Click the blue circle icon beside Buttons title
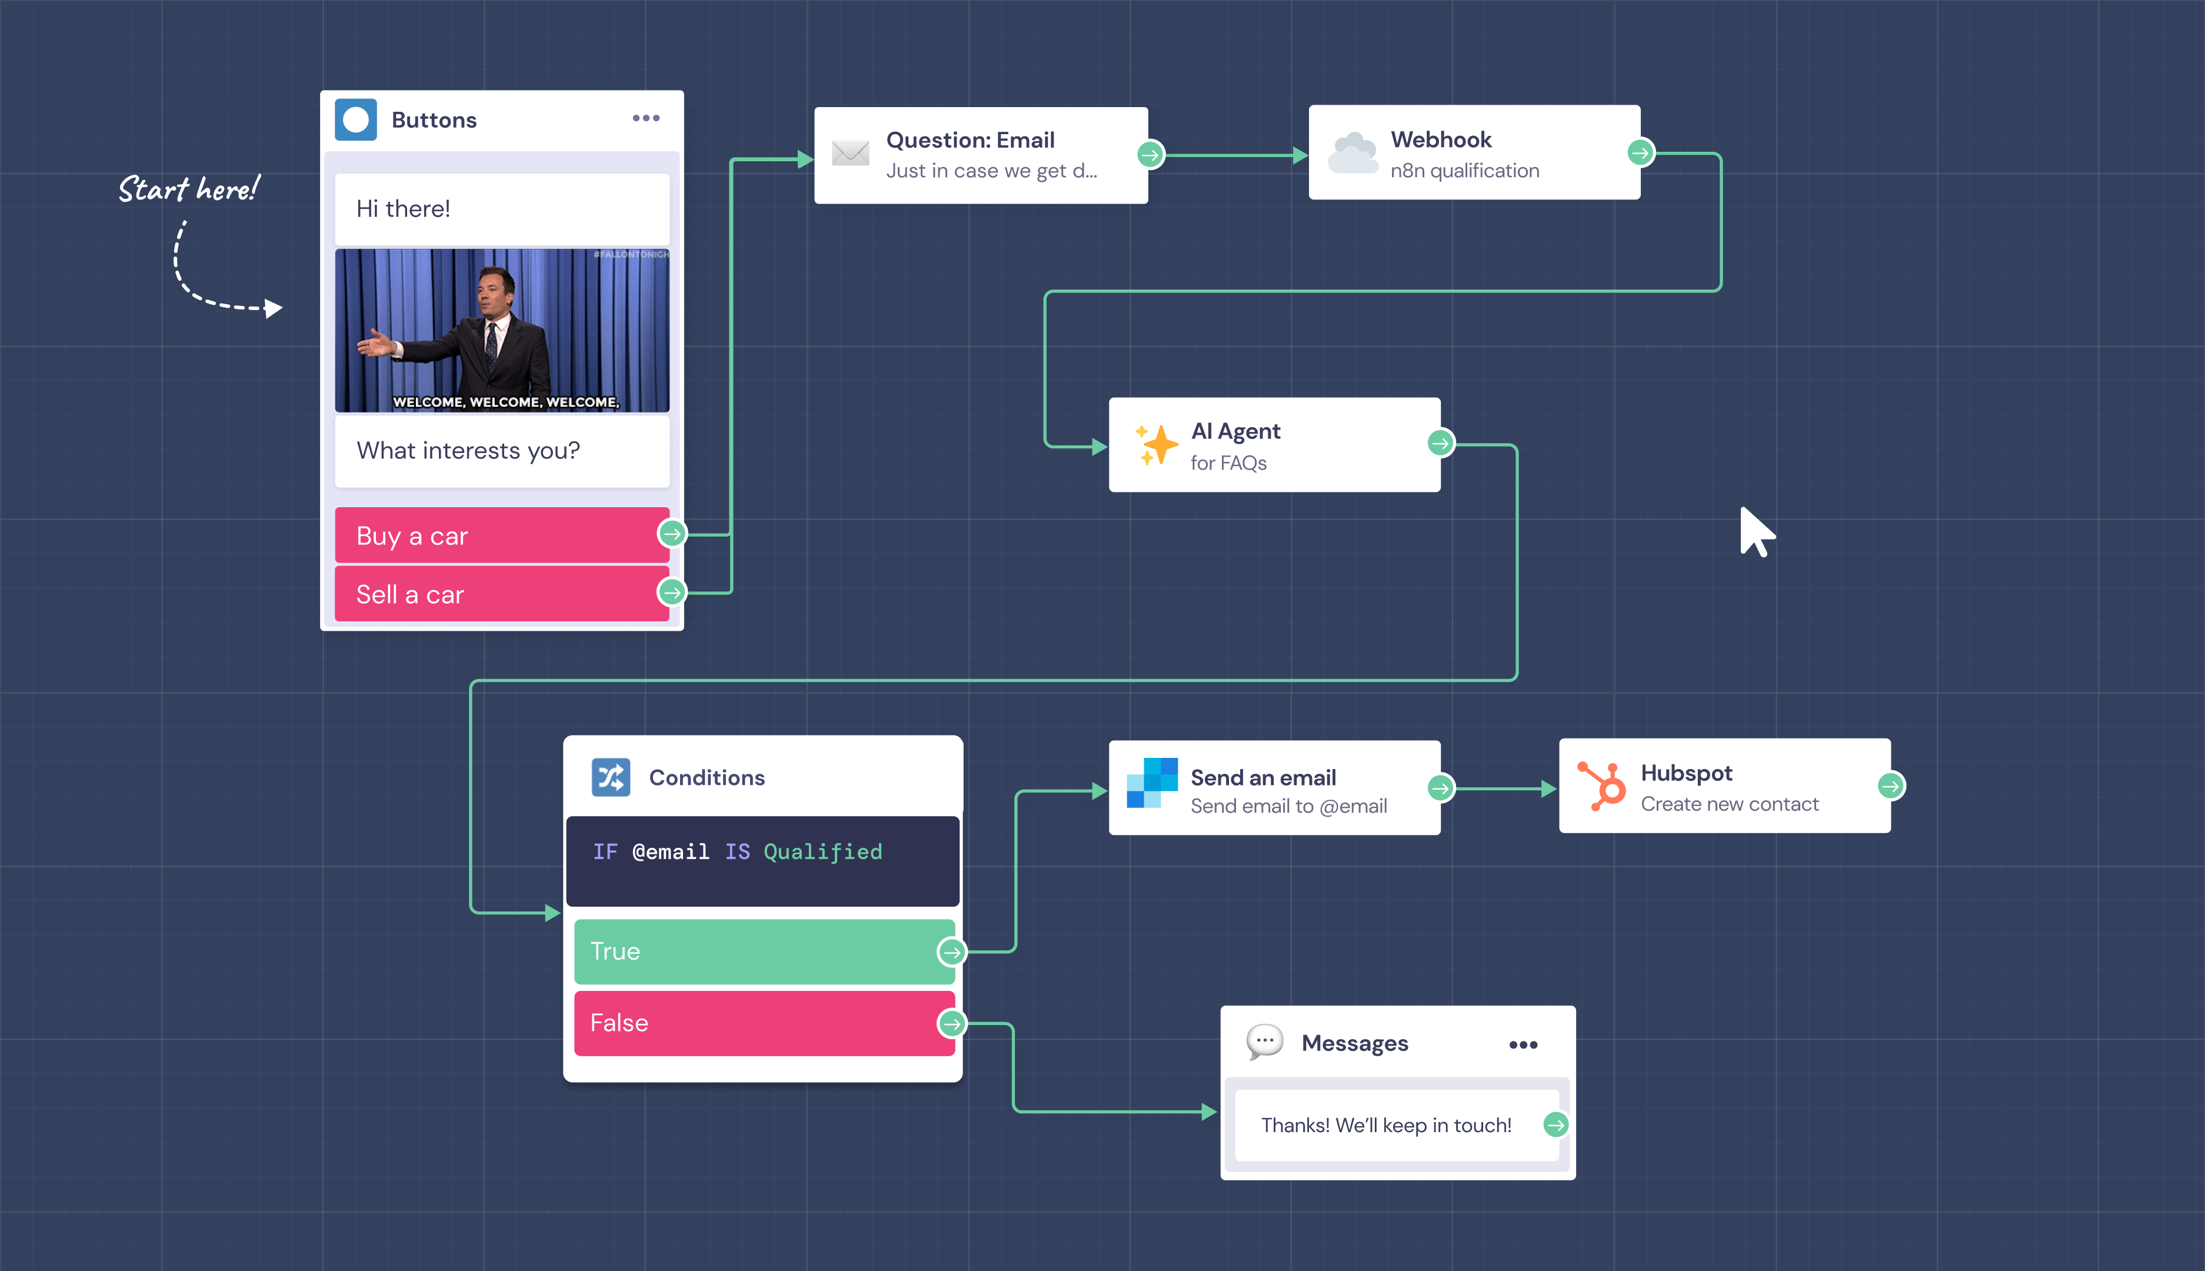pyautogui.click(x=356, y=119)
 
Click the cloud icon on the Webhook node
pyautogui.click(x=1353, y=154)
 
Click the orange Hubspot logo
pyautogui.click(x=1602, y=786)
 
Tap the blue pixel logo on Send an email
pyautogui.click(x=1152, y=783)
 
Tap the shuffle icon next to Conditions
pyautogui.click(x=611, y=777)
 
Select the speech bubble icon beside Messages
pyautogui.click(x=1264, y=1042)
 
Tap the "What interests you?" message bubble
pyautogui.click(x=502, y=450)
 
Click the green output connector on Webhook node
pyautogui.click(x=1640, y=153)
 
